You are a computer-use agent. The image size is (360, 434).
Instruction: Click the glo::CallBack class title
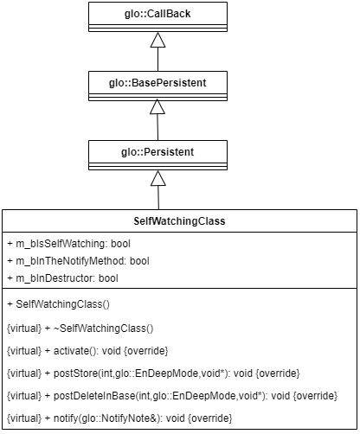click(x=157, y=14)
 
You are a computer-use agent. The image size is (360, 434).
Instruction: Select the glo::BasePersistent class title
click(x=157, y=83)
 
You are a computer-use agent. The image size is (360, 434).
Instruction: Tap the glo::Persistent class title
click(x=157, y=152)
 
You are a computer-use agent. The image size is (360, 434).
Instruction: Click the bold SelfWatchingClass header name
click(x=179, y=221)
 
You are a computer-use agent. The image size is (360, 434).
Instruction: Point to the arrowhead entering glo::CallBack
click(x=157, y=40)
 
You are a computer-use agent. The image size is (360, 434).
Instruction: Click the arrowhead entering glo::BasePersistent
click(x=157, y=106)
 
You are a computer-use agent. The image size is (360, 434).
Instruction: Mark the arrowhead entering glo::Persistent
click(x=158, y=178)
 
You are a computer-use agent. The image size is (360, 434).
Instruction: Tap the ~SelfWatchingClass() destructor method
click(x=104, y=329)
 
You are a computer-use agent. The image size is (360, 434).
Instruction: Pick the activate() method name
click(x=71, y=351)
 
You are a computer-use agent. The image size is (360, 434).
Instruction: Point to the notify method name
click(x=66, y=418)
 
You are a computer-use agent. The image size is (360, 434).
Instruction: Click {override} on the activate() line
click(x=146, y=351)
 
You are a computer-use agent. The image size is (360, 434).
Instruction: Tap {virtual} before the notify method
click(x=24, y=418)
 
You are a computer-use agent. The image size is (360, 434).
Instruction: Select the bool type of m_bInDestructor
click(x=108, y=278)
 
